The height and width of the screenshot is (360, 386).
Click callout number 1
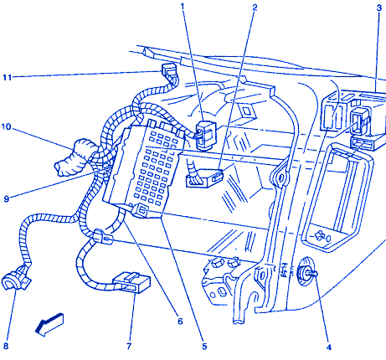tap(183, 6)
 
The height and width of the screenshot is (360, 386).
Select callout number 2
tap(255, 8)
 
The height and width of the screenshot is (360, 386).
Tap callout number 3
tap(378, 8)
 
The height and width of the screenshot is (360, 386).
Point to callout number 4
tap(329, 347)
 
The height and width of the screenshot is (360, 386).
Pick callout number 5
tap(204, 347)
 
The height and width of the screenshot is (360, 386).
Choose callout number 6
tap(180, 321)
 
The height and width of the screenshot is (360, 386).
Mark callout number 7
tap(129, 346)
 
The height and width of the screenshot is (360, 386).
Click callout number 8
tap(6, 346)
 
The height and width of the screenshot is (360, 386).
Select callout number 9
tap(7, 198)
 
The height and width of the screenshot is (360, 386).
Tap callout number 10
tap(6, 127)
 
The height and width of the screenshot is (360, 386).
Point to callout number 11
tap(8, 77)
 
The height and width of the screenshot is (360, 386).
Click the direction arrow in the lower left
tap(49, 324)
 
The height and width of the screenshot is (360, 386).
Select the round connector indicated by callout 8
tap(16, 280)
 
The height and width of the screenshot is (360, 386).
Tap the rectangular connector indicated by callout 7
tap(131, 282)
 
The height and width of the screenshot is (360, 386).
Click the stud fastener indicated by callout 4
tap(307, 272)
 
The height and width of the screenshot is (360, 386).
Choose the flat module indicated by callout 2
tap(205, 178)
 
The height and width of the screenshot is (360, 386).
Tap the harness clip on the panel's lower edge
tap(101, 236)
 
